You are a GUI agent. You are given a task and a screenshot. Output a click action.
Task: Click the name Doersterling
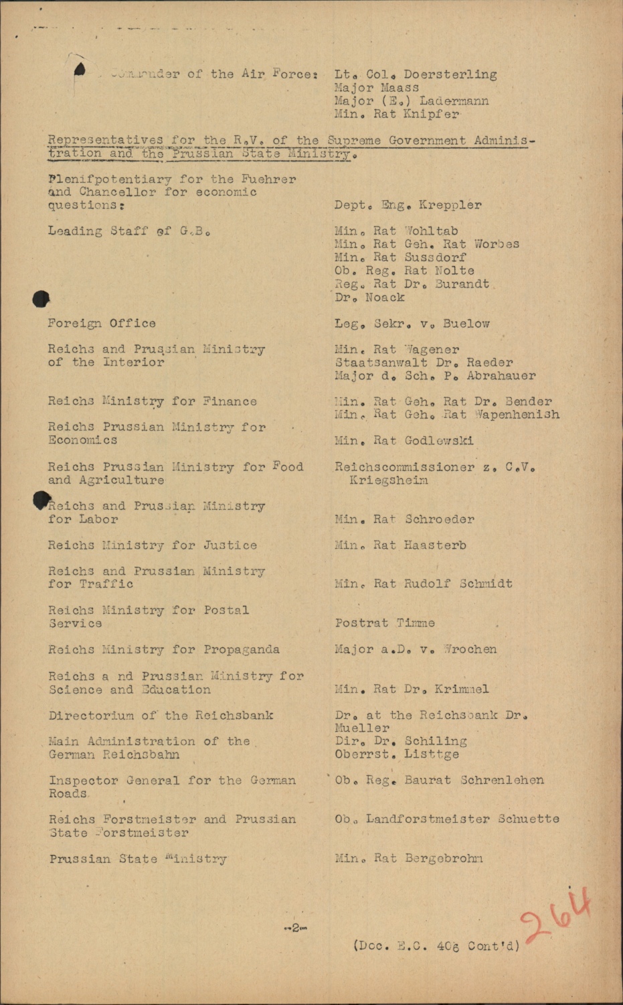click(x=450, y=74)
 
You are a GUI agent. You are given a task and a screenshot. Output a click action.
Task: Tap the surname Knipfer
click(x=431, y=114)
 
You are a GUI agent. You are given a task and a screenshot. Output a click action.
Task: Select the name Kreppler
click(x=450, y=205)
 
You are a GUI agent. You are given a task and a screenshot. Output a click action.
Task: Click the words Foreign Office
click(x=102, y=323)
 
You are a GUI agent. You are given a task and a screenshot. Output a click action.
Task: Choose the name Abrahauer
click(x=501, y=375)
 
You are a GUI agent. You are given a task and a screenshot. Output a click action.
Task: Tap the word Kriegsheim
click(x=389, y=480)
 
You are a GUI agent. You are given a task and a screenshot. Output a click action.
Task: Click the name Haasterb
click(x=435, y=545)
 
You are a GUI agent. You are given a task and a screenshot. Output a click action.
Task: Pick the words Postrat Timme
click(x=385, y=623)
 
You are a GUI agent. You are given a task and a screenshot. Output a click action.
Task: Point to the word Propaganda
click(x=242, y=649)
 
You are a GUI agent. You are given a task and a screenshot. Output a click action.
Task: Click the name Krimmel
click(x=462, y=689)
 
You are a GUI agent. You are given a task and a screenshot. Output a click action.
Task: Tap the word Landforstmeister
click(x=428, y=819)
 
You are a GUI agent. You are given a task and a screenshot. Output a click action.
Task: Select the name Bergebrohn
click(x=443, y=858)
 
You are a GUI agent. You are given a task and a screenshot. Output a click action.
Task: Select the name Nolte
click(x=454, y=271)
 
